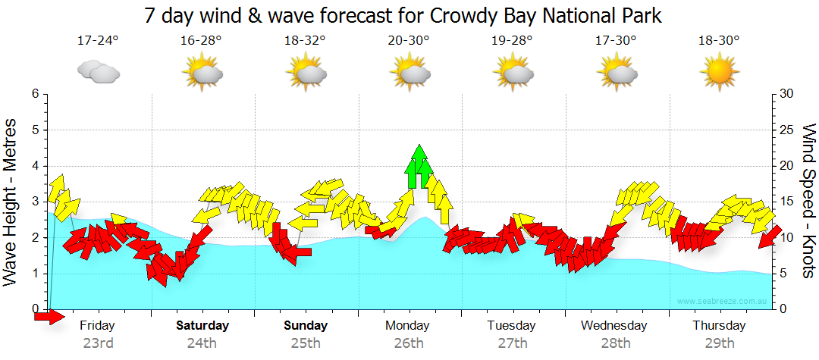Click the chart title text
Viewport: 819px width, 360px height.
click(402, 14)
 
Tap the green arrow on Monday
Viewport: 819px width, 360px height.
click(419, 166)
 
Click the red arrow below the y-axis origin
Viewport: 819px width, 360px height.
click(49, 317)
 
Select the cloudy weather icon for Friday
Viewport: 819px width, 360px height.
click(99, 72)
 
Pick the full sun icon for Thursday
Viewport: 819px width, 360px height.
click(719, 73)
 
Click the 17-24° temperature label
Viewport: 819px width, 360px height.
click(98, 41)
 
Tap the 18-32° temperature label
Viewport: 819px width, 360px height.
click(305, 41)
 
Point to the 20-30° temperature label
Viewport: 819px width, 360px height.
click(409, 41)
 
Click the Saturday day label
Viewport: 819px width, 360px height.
click(202, 326)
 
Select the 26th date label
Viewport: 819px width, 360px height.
click(409, 343)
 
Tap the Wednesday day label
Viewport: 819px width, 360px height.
click(614, 326)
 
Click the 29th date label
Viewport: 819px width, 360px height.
click(718, 343)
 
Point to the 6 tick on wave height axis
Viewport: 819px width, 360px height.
click(35, 94)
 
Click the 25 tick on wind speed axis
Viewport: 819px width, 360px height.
click(786, 130)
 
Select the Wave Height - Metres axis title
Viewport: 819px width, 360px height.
click(11, 202)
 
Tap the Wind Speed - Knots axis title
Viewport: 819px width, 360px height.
click(808, 201)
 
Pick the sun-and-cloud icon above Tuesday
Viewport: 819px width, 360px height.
click(513, 73)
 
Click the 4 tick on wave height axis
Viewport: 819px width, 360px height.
click(35, 166)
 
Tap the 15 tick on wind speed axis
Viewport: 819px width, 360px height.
click(786, 202)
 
